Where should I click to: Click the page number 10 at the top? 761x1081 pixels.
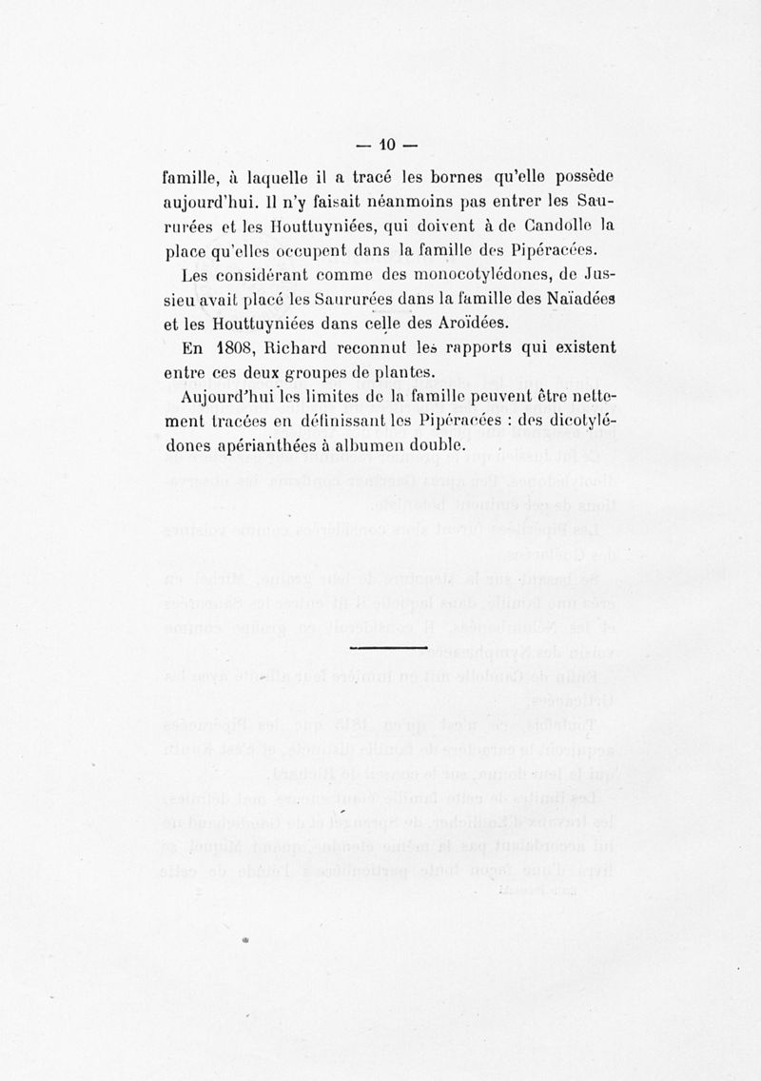pyautogui.click(x=386, y=147)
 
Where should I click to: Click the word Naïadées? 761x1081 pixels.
pyautogui.click(x=565, y=300)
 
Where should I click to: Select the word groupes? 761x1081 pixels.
pyautogui.click(x=322, y=373)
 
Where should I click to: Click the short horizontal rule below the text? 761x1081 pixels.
pyautogui.click(x=389, y=648)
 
